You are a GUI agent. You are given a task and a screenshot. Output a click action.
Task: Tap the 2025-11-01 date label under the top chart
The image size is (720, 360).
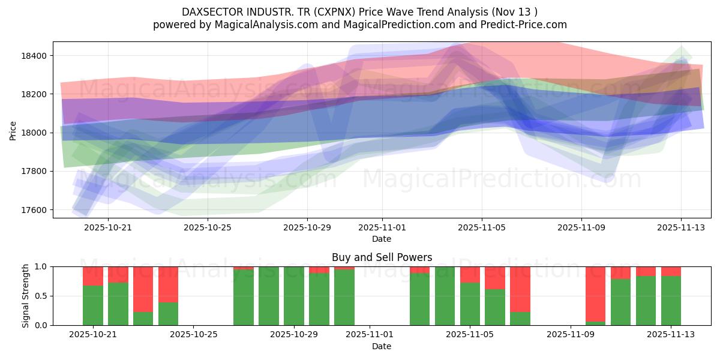pyautogui.click(x=382, y=227)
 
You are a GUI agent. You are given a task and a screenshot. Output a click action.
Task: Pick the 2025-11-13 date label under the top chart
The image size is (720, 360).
pyautogui.click(x=680, y=227)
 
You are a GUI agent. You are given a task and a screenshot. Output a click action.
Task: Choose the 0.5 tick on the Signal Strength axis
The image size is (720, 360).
pyautogui.click(x=42, y=296)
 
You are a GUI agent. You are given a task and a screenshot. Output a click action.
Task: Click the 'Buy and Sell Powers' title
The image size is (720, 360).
pyautogui.click(x=382, y=257)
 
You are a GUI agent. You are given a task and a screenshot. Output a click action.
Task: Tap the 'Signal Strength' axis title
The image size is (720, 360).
pyautogui.click(x=25, y=296)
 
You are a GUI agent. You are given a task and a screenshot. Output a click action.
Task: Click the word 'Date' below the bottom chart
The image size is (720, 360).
pyautogui.click(x=382, y=346)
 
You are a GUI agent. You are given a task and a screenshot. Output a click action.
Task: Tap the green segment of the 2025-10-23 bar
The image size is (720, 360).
pyautogui.click(x=143, y=319)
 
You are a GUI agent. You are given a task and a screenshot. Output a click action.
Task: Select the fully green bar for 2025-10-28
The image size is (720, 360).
pyautogui.click(x=269, y=296)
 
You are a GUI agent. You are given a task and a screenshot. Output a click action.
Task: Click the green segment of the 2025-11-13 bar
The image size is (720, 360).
pyautogui.click(x=671, y=301)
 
